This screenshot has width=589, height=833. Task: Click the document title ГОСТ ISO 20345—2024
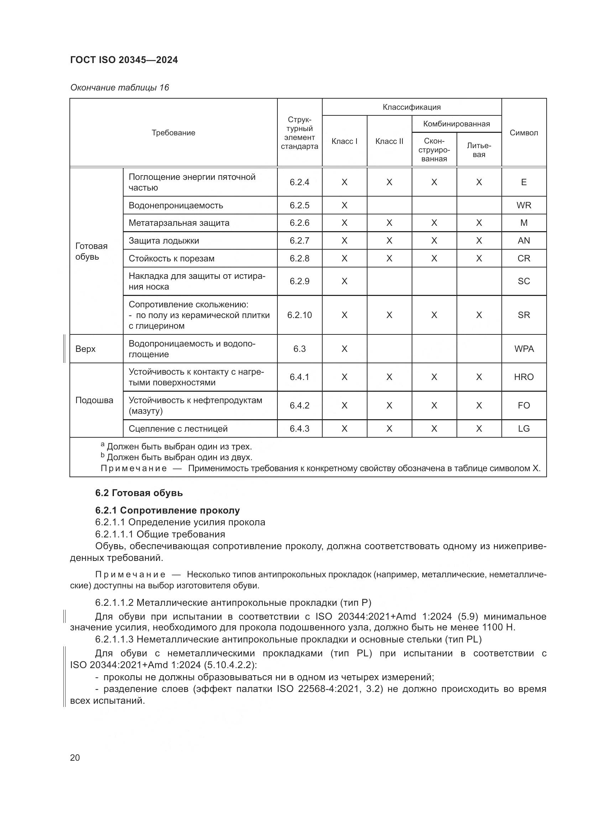click(124, 60)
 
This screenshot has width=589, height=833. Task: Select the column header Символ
click(524, 133)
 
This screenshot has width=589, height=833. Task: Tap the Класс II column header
click(389, 141)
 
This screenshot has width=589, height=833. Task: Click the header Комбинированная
click(456, 124)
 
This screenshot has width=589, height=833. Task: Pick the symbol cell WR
click(524, 205)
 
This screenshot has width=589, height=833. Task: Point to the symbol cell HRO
click(524, 377)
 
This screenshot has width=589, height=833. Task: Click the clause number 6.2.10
click(299, 315)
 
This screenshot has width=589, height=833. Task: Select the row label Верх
click(85, 349)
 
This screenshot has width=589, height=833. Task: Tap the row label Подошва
click(94, 400)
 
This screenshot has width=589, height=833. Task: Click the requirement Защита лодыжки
click(164, 240)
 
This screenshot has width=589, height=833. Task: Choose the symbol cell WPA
click(524, 349)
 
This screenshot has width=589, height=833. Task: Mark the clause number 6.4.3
click(299, 429)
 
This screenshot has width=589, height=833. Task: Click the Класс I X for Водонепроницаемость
click(344, 205)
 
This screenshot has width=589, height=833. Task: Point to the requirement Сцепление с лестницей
click(178, 429)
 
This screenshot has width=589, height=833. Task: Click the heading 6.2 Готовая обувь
click(139, 493)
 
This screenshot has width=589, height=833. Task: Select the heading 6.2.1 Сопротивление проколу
click(168, 510)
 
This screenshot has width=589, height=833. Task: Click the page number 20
click(75, 757)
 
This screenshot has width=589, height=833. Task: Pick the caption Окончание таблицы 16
click(120, 88)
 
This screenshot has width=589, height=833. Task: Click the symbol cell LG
click(524, 429)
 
